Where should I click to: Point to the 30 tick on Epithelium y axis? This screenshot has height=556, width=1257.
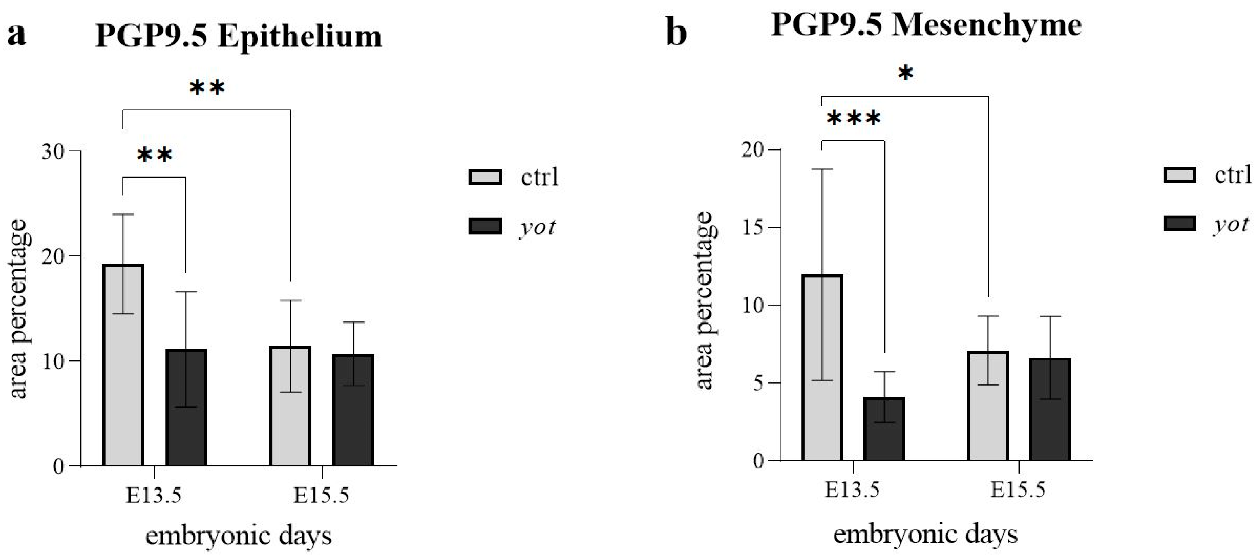pos(53,151)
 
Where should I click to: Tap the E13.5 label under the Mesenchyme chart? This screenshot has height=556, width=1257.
pos(852,490)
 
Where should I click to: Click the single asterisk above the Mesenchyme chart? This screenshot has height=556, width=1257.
pos(905,74)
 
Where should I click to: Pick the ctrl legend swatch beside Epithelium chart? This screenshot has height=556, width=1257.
pos(485,177)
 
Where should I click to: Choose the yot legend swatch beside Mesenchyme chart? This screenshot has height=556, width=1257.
pos(1179,224)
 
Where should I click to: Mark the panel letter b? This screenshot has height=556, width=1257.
pos(676,33)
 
